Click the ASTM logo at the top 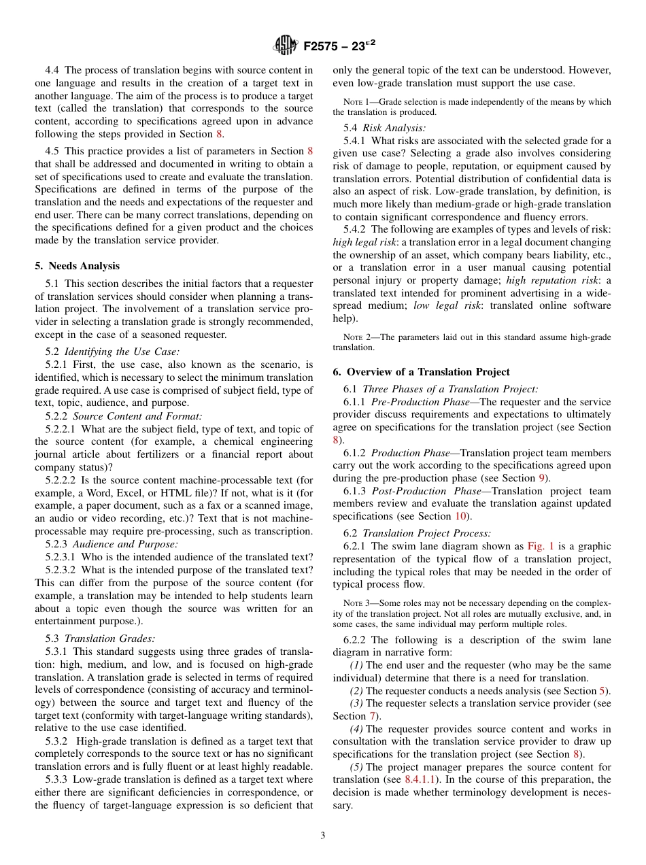[x=285, y=46]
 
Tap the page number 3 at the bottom [x=323, y=836]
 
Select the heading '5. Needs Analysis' [x=77, y=266]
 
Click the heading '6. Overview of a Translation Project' [x=421, y=371]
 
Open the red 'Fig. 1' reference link [x=541, y=546]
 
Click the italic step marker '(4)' [x=356, y=729]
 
